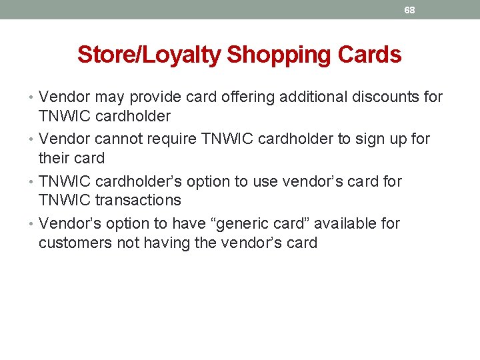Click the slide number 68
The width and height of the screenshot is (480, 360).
point(409,10)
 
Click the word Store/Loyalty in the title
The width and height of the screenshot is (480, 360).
point(150,55)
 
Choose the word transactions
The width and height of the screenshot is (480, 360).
point(138,200)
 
